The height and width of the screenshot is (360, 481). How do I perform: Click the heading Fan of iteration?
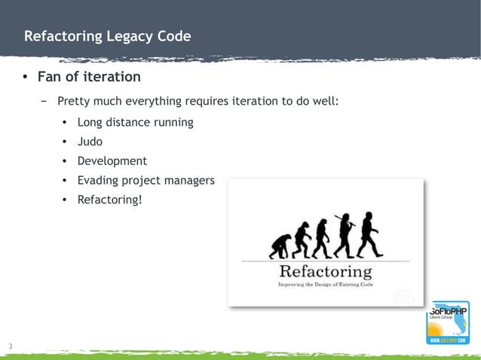pyautogui.click(x=89, y=77)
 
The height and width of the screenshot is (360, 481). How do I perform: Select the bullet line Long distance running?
pyautogui.click(x=135, y=122)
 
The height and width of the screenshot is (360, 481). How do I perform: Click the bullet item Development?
pyautogui.click(x=112, y=161)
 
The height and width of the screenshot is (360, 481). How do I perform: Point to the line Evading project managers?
pyautogui.click(x=146, y=181)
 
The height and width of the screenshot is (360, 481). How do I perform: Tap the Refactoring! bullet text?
pyautogui.click(x=109, y=200)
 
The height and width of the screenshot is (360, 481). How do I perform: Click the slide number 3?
pyautogui.click(x=11, y=346)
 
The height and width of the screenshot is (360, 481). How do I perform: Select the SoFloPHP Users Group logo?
pyautogui.click(x=449, y=322)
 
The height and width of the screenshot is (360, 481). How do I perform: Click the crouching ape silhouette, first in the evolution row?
pyautogui.click(x=280, y=246)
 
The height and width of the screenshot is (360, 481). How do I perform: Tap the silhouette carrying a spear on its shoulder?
pyautogui.click(x=345, y=235)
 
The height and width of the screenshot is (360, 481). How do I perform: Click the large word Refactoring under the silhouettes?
pyautogui.click(x=325, y=271)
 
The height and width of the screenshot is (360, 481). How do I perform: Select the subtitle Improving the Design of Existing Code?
pyautogui.click(x=326, y=285)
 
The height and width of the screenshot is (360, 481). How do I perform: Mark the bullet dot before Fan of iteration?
pyautogui.click(x=24, y=78)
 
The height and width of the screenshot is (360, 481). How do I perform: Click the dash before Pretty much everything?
pyautogui.click(x=44, y=101)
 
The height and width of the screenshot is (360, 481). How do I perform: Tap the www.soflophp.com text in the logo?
pyautogui.click(x=449, y=340)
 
